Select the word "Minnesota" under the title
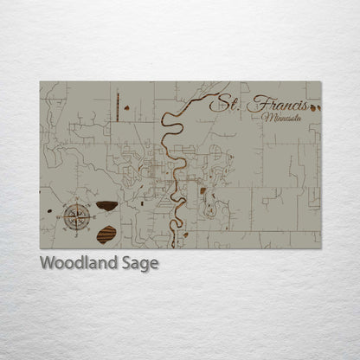point(284,118)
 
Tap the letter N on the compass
point(78,202)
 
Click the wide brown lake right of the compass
point(107,206)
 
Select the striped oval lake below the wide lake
point(106,234)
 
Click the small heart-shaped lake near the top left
point(127,108)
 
